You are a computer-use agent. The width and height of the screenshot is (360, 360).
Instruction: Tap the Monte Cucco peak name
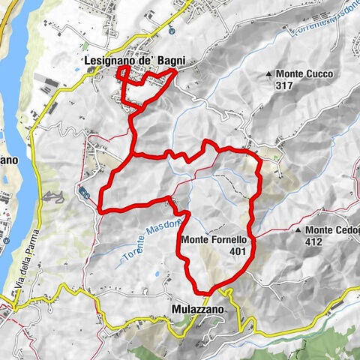(x=303, y=74)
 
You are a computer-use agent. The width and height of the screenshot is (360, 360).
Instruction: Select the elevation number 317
(x=284, y=85)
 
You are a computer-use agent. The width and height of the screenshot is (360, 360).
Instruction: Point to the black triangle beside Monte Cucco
(x=268, y=74)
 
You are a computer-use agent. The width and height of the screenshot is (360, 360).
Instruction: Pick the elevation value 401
(x=240, y=251)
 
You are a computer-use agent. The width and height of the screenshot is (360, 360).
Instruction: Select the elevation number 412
(x=314, y=241)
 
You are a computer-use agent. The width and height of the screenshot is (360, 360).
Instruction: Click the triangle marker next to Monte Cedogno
(x=298, y=230)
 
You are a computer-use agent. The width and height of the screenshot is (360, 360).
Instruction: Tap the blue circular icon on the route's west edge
(x=85, y=193)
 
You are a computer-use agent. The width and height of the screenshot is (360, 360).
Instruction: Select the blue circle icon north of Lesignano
(x=172, y=31)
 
